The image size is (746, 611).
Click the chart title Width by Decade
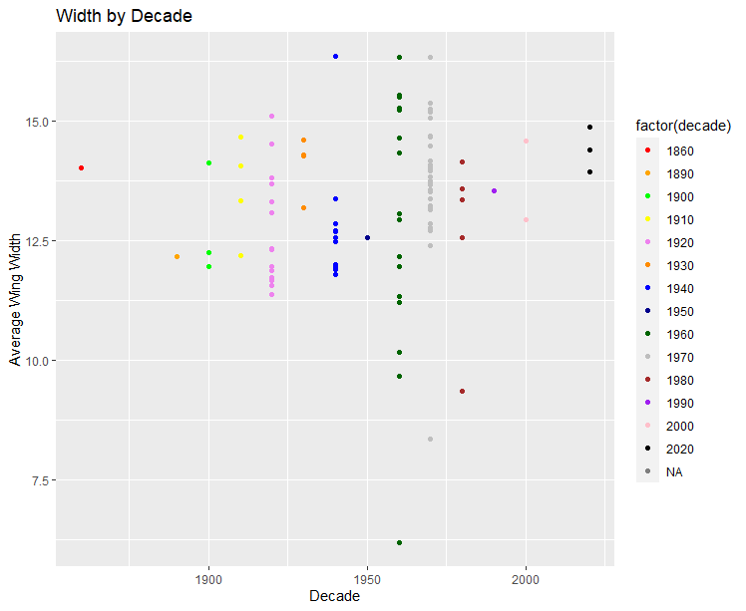point(124,16)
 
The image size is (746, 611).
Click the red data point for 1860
point(81,167)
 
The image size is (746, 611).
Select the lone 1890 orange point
point(177,256)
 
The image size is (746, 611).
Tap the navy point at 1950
point(368,237)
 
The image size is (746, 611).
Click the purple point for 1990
point(495,190)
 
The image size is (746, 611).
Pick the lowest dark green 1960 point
point(399,543)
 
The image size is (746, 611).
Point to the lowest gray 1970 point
point(431,440)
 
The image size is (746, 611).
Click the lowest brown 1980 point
point(463,392)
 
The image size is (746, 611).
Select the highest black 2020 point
point(590,128)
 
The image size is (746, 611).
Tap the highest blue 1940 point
point(336,57)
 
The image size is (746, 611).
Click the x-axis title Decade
point(334,597)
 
